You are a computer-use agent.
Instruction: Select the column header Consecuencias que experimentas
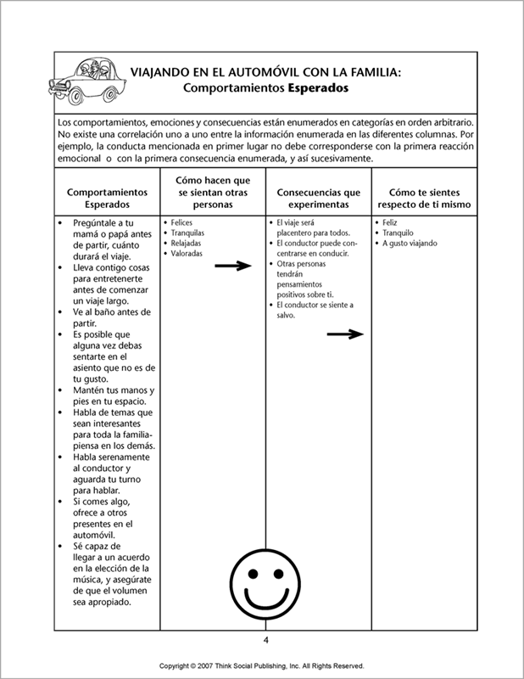319,199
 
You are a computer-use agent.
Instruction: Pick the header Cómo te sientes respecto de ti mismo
425,199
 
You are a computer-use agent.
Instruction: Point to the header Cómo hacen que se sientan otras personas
213,193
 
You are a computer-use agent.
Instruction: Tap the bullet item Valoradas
188,254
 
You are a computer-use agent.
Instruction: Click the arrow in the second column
233,266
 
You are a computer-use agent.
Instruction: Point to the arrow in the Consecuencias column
344,334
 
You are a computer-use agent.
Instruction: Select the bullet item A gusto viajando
410,244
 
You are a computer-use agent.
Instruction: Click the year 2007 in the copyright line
212,666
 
